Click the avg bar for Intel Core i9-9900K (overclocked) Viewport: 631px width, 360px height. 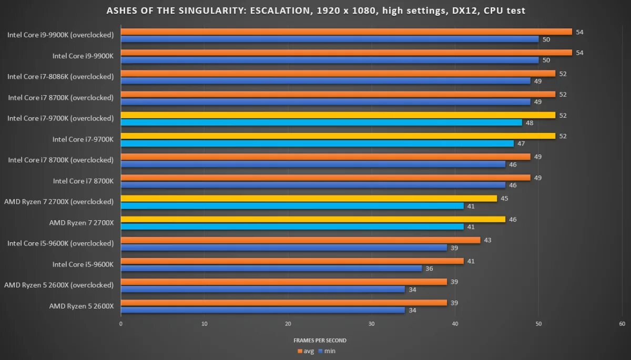(x=346, y=32)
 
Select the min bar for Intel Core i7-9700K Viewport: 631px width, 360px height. (x=317, y=143)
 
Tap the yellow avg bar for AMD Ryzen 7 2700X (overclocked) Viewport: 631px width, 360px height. (x=309, y=198)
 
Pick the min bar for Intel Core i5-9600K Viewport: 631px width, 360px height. (x=271, y=268)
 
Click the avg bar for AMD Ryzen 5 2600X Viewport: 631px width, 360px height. (x=283, y=303)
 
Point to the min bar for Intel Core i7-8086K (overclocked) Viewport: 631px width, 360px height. (x=325, y=80)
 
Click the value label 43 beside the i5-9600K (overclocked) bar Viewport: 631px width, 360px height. (x=487, y=240)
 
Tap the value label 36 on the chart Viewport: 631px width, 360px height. (x=429, y=269)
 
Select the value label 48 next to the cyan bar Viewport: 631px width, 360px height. (x=529, y=122)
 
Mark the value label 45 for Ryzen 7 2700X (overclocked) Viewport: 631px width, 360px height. (x=504, y=199)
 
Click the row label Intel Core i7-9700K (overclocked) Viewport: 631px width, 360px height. (x=60, y=118)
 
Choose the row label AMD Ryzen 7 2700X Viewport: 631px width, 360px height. (x=82, y=222)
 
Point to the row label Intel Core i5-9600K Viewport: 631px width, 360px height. (x=83, y=264)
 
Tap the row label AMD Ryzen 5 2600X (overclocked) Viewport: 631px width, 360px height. (x=59, y=285)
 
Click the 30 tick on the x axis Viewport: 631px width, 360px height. (x=371, y=324)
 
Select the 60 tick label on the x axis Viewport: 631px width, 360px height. (x=622, y=324)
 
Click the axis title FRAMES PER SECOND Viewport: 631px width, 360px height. (x=320, y=341)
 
